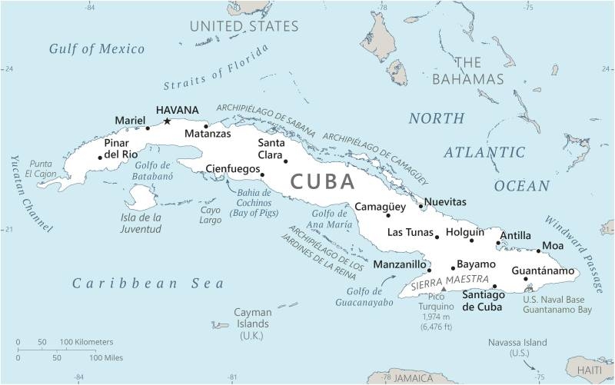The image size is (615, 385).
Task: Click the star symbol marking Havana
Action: tap(167, 121)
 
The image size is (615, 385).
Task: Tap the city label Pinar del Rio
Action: tap(121, 148)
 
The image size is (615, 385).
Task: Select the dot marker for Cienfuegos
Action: tap(262, 174)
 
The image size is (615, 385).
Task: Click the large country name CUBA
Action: tap(323, 182)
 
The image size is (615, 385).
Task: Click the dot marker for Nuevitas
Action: tap(421, 205)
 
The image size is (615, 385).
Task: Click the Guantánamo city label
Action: tap(543, 271)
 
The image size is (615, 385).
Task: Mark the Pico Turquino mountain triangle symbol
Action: tap(443, 289)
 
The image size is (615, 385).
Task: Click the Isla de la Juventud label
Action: tap(142, 222)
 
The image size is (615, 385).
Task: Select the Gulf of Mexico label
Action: tap(97, 49)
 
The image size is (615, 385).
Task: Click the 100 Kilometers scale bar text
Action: tap(86, 341)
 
